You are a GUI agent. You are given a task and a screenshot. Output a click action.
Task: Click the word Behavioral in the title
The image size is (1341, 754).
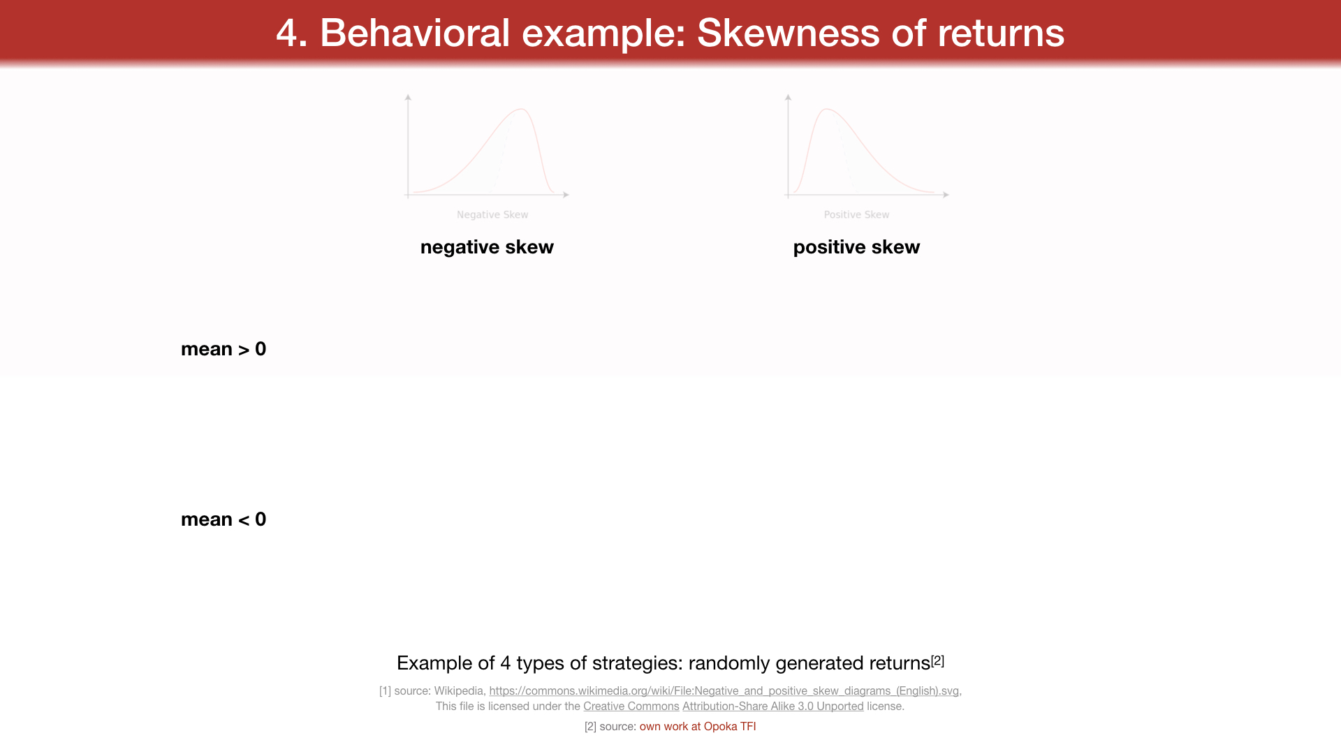point(415,33)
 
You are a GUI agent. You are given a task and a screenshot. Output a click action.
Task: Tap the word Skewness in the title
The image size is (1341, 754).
point(789,33)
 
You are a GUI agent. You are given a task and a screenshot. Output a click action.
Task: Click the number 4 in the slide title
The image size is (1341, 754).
point(286,33)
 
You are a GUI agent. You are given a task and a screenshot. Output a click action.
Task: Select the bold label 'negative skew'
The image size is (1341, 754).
point(487,247)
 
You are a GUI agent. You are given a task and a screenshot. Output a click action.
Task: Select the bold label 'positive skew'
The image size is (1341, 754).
point(856,247)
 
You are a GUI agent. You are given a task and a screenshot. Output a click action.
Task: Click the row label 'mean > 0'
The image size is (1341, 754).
point(223,349)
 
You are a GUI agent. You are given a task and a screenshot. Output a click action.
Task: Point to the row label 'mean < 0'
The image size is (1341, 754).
point(223,519)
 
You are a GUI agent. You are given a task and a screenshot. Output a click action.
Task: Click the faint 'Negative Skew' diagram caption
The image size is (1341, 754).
point(492,215)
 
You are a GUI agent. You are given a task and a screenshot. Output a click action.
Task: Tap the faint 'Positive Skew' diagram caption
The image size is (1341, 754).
point(856,215)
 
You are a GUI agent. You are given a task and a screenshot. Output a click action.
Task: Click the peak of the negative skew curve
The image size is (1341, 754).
point(521,109)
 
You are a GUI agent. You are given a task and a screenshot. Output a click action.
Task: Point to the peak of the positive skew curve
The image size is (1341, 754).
point(827,109)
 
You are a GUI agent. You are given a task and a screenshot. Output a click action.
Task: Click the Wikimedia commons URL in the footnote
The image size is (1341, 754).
point(724,691)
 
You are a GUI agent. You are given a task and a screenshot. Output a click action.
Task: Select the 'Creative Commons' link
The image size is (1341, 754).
point(631,707)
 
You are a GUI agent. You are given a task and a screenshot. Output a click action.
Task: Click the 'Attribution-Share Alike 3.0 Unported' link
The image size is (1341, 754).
point(773,707)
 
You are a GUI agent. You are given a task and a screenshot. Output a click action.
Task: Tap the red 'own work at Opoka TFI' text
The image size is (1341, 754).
point(698,727)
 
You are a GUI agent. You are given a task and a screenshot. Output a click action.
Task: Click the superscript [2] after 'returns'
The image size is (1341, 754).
point(937,660)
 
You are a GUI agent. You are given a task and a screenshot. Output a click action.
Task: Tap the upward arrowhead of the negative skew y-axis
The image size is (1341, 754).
point(408,97)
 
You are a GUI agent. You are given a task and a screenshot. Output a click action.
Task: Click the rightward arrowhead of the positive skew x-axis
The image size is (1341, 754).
point(946,195)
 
